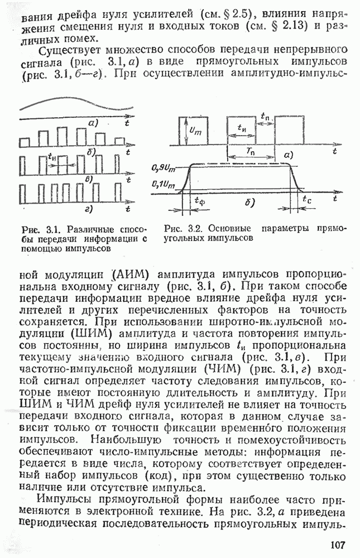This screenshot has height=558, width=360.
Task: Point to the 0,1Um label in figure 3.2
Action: coord(162,182)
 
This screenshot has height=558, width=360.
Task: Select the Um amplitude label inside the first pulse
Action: coord(193,131)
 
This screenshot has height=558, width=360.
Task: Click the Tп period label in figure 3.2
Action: coord(250,152)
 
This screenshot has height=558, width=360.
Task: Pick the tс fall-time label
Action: coord(306,199)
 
